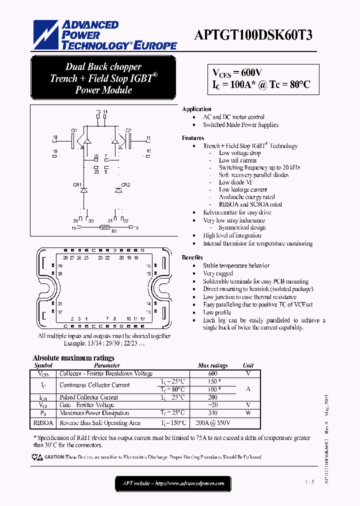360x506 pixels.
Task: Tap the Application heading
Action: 196,109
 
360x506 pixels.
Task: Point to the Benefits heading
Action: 192,257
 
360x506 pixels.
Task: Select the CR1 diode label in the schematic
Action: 77,185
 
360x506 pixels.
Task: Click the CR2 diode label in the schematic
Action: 125,185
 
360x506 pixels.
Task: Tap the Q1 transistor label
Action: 73,130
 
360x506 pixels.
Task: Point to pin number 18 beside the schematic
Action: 55,137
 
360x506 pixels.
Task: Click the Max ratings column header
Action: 212,365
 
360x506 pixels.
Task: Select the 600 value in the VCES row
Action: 212,373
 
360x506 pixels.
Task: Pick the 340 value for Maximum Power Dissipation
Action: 212,413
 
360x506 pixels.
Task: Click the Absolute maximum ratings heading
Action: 73,358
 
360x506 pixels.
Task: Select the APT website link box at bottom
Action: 173,483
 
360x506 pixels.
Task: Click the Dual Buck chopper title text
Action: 103,67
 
